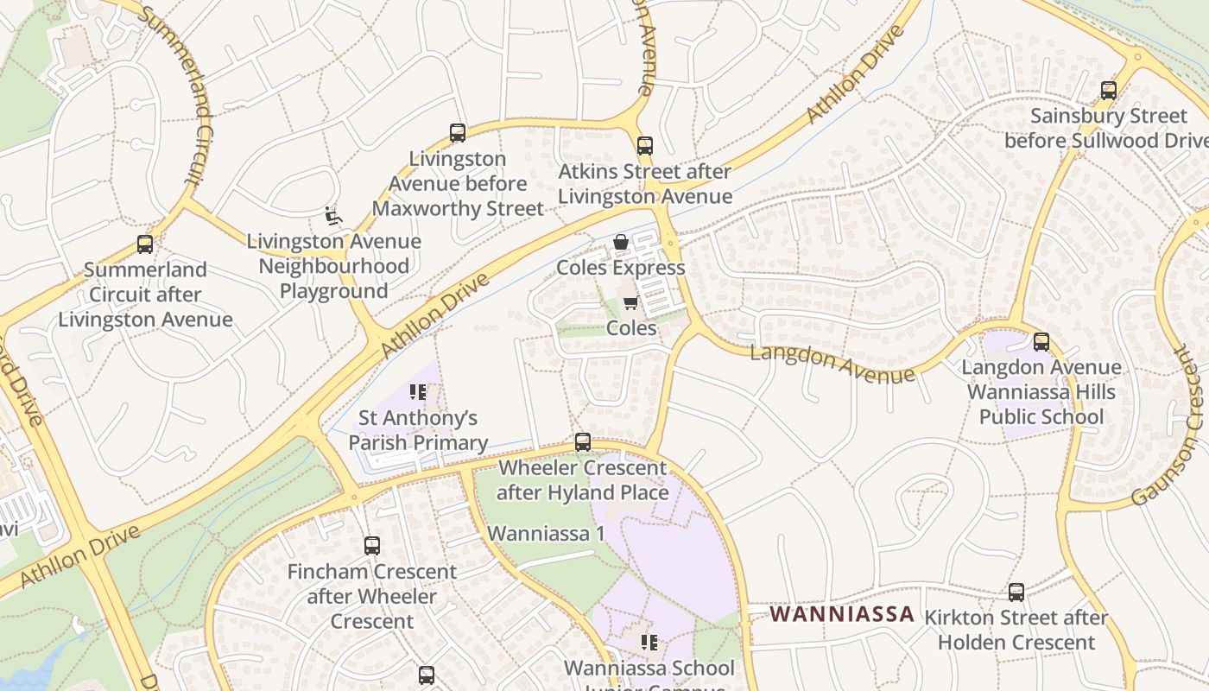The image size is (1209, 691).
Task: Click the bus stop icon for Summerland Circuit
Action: (x=145, y=244)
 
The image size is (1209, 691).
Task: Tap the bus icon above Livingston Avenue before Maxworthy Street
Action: (x=458, y=133)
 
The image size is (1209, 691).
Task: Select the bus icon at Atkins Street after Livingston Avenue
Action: (x=644, y=145)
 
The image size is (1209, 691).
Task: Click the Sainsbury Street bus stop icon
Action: (x=1108, y=90)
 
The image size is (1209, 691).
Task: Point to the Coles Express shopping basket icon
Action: (x=620, y=243)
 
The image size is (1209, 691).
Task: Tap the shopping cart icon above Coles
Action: (x=630, y=303)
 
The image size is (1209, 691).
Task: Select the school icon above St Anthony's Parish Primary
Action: (x=418, y=393)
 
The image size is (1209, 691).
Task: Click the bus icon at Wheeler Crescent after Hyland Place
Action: (x=583, y=442)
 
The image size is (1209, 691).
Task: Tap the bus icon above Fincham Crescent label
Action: (x=371, y=546)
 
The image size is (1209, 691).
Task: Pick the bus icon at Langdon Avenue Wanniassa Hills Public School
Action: (x=1041, y=341)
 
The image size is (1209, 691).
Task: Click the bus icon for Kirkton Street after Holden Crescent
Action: (x=1016, y=593)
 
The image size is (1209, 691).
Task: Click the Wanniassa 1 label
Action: (x=546, y=533)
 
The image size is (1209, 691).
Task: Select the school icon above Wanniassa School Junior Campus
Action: (x=649, y=643)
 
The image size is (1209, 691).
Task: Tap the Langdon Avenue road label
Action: (x=832, y=364)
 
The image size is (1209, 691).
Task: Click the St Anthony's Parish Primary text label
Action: (x=418, y=430)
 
